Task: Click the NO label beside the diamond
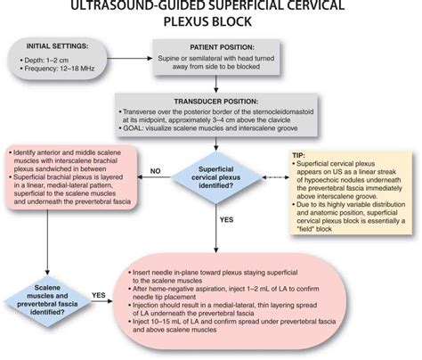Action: pos(154,168)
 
